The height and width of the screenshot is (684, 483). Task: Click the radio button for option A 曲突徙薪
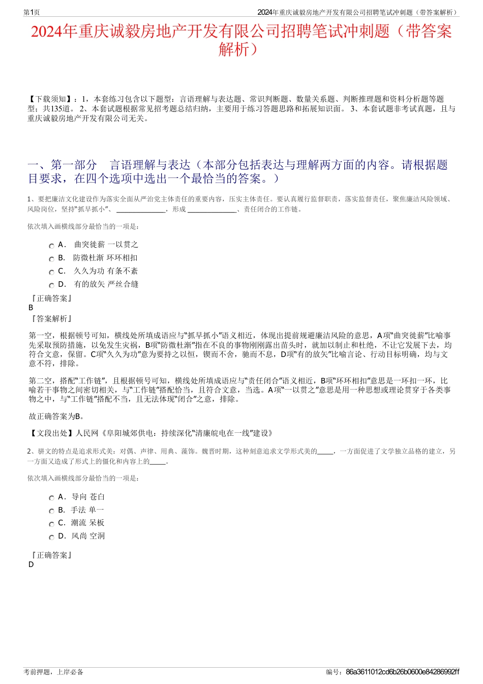51,246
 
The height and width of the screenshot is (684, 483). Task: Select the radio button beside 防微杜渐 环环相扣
51,259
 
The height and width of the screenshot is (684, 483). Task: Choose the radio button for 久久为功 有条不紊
51,273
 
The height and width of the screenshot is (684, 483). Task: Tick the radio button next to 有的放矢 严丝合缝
51,286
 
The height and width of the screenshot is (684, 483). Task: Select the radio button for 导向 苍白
51,498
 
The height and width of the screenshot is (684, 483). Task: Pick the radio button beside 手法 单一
51,511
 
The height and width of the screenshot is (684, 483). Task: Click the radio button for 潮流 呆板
51,524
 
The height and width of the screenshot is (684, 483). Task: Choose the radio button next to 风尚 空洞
51,538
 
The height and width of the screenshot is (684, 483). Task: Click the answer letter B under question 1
31,308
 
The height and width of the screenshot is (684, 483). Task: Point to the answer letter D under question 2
31,564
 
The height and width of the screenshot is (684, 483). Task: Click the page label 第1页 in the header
32,12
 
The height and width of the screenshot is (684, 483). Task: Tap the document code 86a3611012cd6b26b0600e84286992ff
402,672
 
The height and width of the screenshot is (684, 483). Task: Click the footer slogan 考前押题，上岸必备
53,672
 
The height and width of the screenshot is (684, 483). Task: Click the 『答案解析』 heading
51,319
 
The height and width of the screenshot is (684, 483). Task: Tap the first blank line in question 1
140,209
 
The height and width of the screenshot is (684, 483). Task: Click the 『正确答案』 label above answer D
51,555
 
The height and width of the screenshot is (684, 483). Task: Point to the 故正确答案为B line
56,417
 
